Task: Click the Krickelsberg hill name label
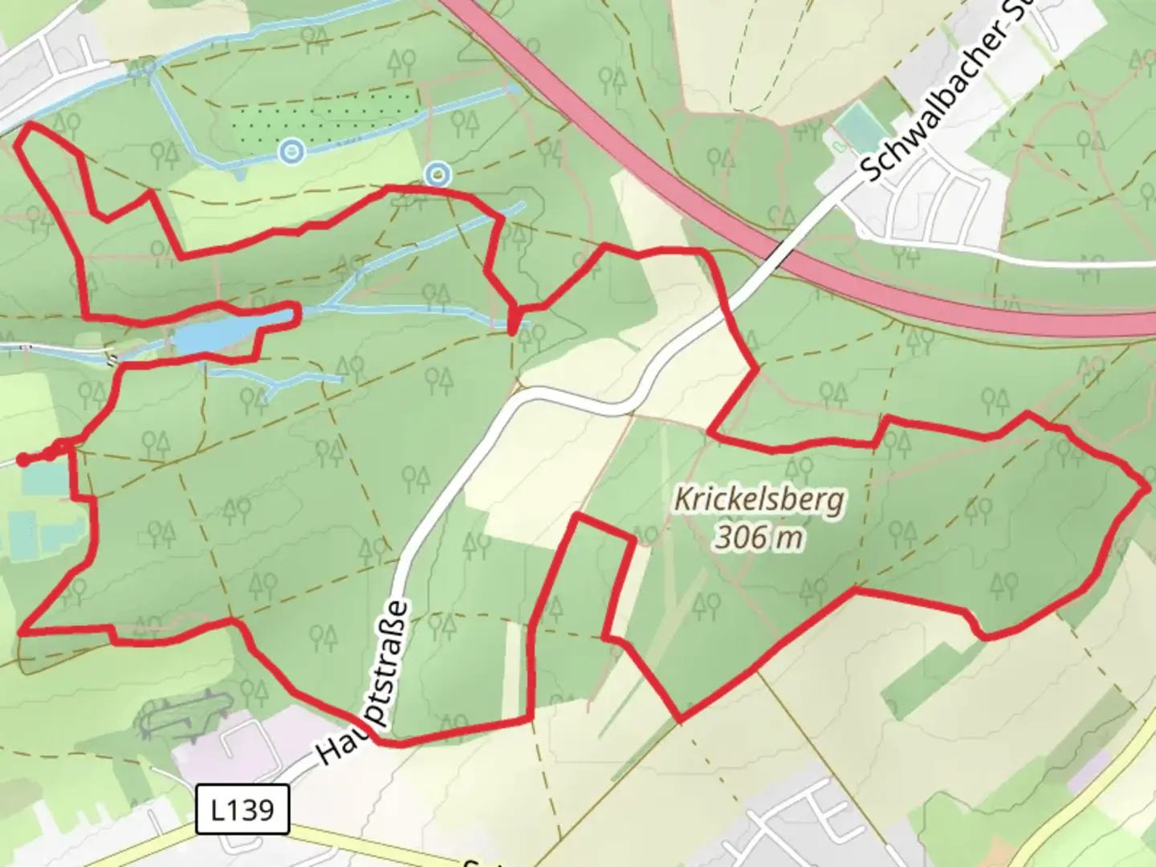pos(759,499)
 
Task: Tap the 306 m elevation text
pos(759,536)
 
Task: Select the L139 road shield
pos(242,810)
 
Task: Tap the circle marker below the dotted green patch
pos(292,150)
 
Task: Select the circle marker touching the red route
pos(437,173)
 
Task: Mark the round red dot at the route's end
pos(24,459)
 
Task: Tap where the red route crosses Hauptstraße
pos(377,739)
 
